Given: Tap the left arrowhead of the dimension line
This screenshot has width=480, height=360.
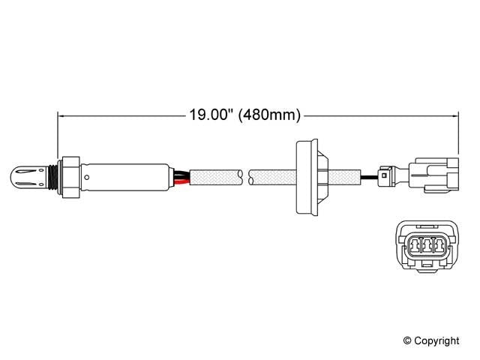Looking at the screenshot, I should (x=62, y=115).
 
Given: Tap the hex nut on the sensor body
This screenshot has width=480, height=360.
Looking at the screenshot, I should (x=70, y=178).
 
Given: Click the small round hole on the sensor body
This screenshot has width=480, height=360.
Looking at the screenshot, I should (x=87, y=178).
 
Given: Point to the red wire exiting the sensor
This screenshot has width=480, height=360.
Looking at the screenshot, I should (x=178, y=181).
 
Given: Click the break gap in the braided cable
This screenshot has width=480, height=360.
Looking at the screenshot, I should (x=247, y=178).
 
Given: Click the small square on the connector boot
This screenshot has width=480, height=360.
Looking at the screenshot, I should (x=384, y=178).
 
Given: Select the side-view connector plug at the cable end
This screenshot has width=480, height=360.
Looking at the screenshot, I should (x=430, y=178).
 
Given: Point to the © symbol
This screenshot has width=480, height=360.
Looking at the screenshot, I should (x=409, y=340).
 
